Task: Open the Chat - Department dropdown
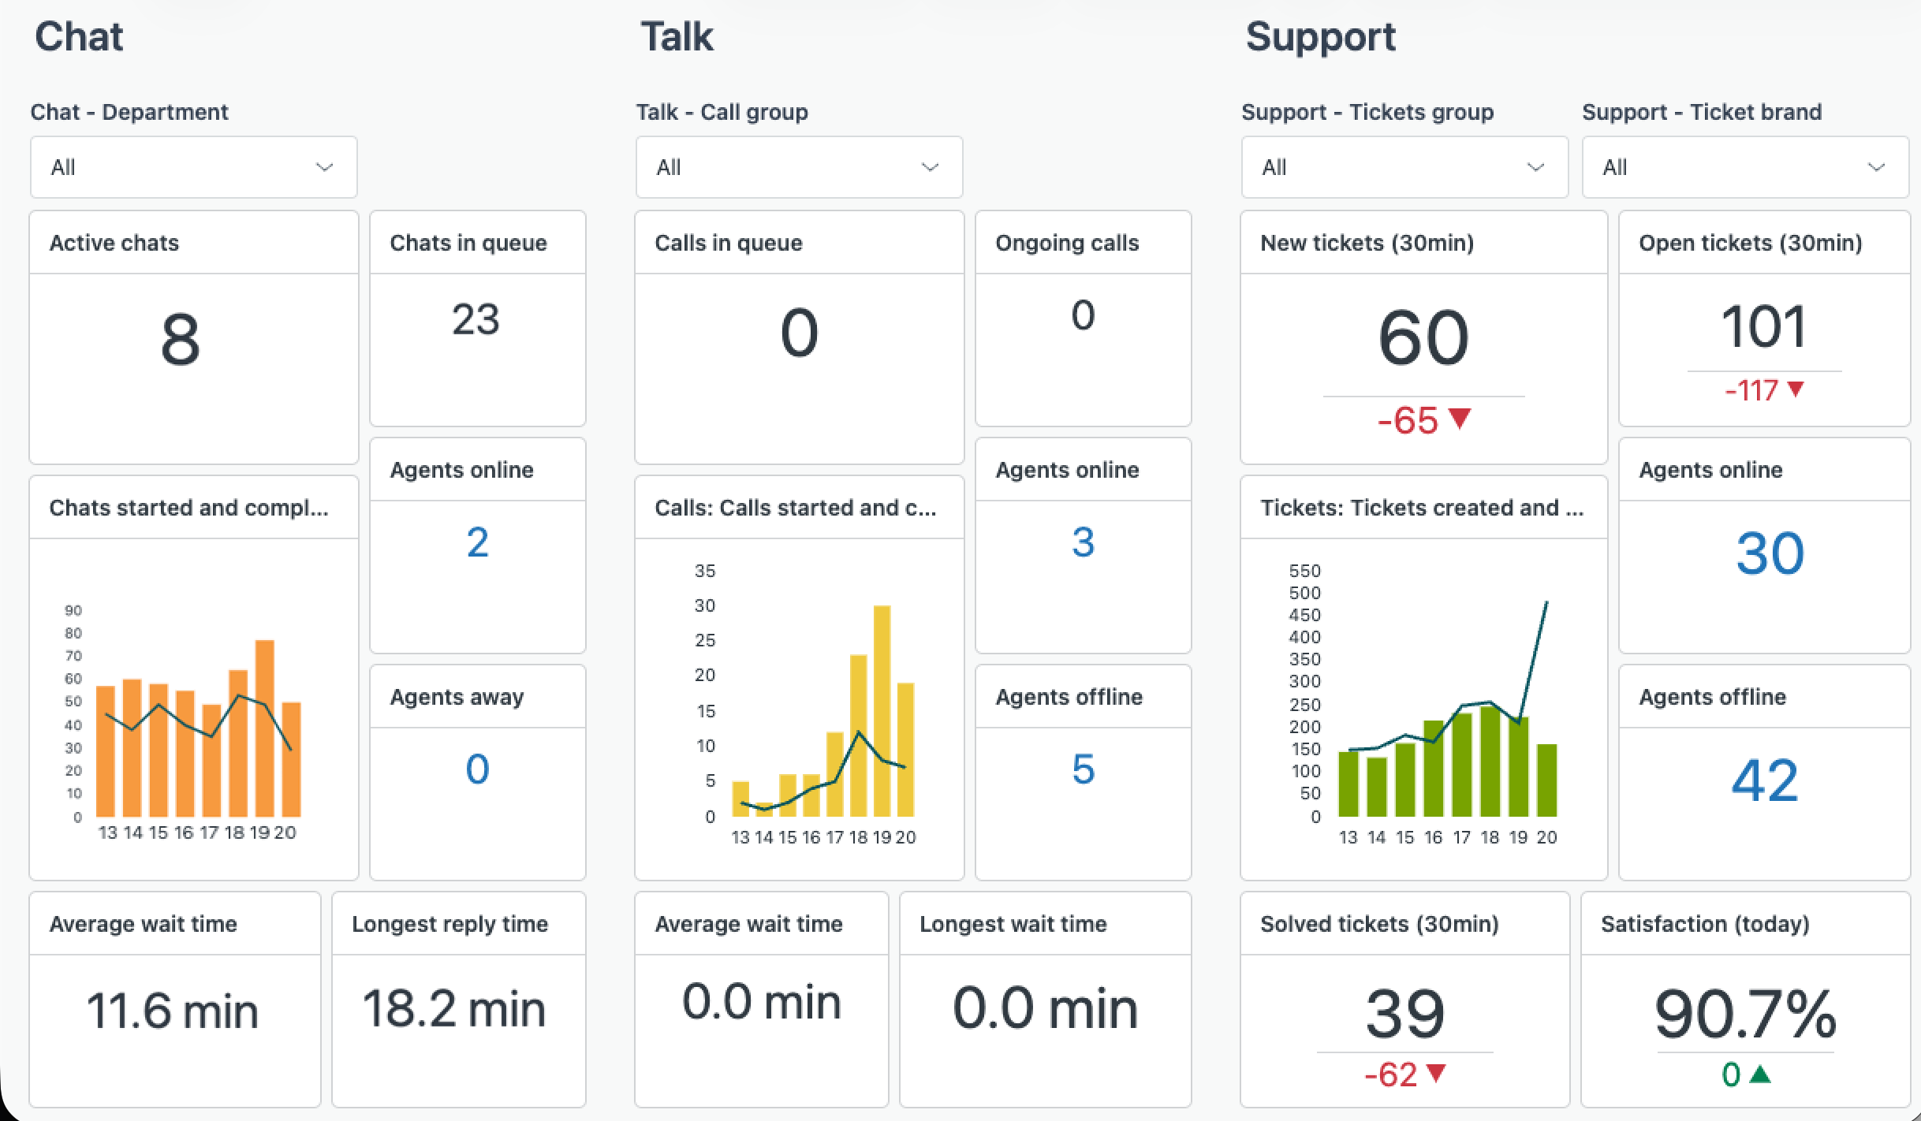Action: (x=193, y=167)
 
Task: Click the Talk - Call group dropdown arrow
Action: (x=930, y=167)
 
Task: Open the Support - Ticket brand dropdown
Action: (x=1744, y=167)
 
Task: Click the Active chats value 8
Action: (x=181, y=340)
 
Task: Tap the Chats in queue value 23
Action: (x=476, y=320)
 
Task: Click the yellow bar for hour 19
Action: (x=882, y=709)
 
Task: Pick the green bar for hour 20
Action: (x=1546, y=780)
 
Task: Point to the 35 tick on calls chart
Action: (x=705, y=571)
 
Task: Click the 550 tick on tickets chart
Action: (x=1304, y=571)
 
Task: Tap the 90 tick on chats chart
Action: (x=73, y=610)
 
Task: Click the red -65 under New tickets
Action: (x=1408, y=421)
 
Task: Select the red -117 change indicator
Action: (x=1751, y=390)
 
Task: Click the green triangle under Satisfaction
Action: (x=1760, y=1074)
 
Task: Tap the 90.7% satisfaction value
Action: (x=1745, y=1015)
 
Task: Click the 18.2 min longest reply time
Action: (x=454, y=1009)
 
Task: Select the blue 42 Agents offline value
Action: (x=1764, y=780)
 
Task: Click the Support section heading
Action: (x=1320, y=37)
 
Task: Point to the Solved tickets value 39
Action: (x=1404, y=1014)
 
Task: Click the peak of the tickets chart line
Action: (x=1546, y=603)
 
